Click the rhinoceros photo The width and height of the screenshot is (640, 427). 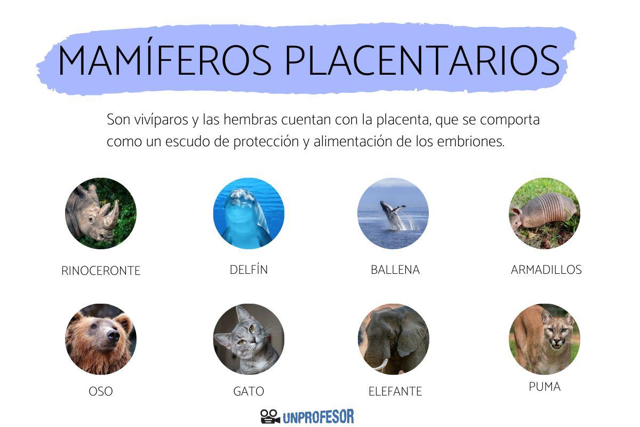pos(100,213)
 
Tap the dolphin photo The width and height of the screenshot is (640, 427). pos(249,213)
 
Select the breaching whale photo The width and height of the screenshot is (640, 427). pos(393,213)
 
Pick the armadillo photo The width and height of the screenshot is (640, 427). pos(544,213)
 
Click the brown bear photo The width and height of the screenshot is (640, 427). pos(100,339)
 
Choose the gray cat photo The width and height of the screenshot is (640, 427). pos(249,339)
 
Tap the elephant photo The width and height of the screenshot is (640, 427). pos(393,339)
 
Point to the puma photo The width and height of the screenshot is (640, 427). pos(544,339)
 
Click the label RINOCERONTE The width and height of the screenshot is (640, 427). pos(101,271)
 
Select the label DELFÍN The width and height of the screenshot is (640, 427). pos(249,270)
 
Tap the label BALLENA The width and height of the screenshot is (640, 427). pos(395,270)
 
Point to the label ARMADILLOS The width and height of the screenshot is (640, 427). pos(546,270)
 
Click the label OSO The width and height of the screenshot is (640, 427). pos(101,392)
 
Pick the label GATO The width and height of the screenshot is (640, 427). pos(249,392)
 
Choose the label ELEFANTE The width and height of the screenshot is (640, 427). pos(395,392)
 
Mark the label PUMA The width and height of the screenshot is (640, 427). pos(545,387)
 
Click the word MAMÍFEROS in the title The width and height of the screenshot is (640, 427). pos(164,60)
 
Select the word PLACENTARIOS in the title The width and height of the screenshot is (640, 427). pos(421,60)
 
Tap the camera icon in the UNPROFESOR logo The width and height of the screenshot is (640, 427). pos(270,416)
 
